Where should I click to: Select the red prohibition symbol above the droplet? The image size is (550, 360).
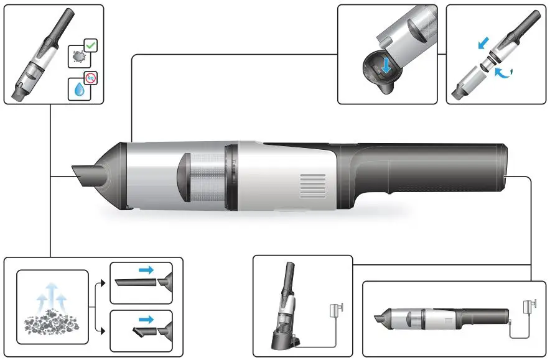[90, 78]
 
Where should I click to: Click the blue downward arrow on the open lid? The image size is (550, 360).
[386, 69]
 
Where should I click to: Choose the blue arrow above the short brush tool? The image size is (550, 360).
[147, 319]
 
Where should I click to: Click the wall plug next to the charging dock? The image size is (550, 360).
[338, 307]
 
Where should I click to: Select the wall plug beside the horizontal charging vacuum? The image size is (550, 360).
[530, 307]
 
